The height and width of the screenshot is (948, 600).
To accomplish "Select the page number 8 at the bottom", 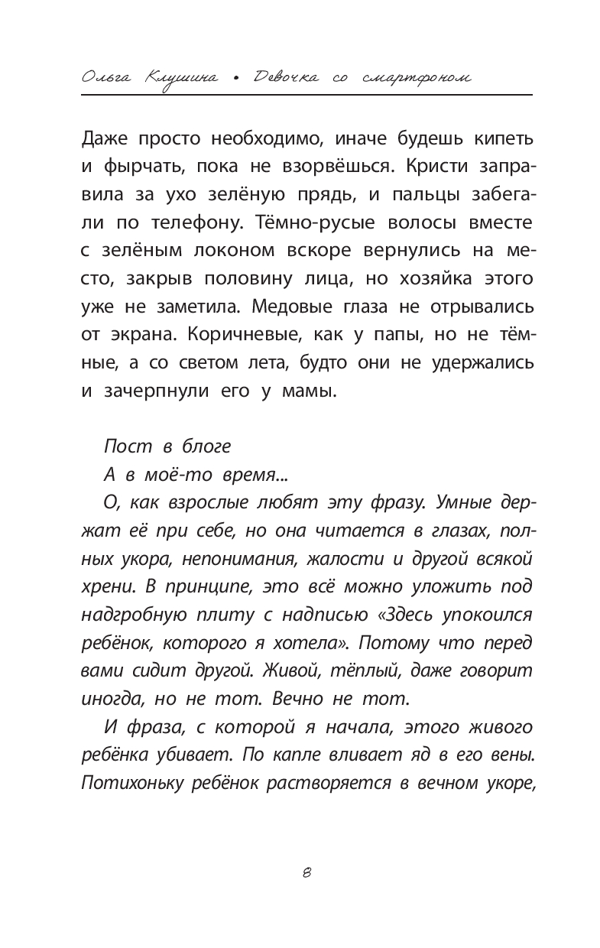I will [x=305, y=874].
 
